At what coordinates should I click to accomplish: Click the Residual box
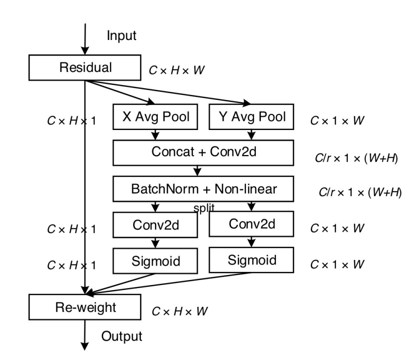coord(86,67)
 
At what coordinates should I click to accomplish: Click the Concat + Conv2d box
coord(205,152)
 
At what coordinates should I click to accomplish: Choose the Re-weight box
coord(86,307)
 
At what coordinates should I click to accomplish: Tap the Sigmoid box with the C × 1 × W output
coord(252,259)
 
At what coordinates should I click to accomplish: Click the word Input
coord(121,35)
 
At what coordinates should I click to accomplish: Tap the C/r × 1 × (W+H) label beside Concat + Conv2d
coord(355,158)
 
